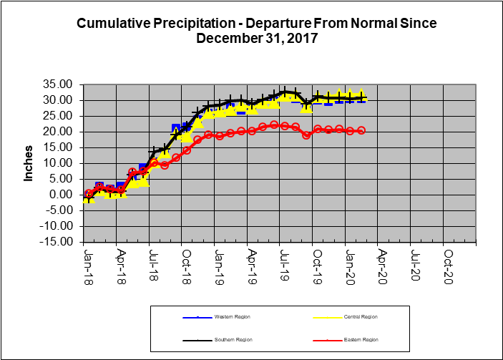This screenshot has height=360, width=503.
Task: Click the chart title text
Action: [x=256, y=30]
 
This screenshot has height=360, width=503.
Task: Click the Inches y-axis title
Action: [x=29, y=163]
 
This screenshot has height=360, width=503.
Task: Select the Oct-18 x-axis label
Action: [x=185, y=263]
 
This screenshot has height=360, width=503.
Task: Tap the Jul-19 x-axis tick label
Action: [x=284, y=263]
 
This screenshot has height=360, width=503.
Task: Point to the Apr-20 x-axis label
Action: [x=382, y=263]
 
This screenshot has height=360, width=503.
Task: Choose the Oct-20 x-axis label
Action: [x=447, y=263]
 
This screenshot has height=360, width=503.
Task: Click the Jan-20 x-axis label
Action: [x=350, y=263]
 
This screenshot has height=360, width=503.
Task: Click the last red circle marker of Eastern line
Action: [x=361, y=130]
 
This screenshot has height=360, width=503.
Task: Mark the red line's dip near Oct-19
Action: [x=306, y=135]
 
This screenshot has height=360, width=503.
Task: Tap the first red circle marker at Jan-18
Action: [x=89, y=193]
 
